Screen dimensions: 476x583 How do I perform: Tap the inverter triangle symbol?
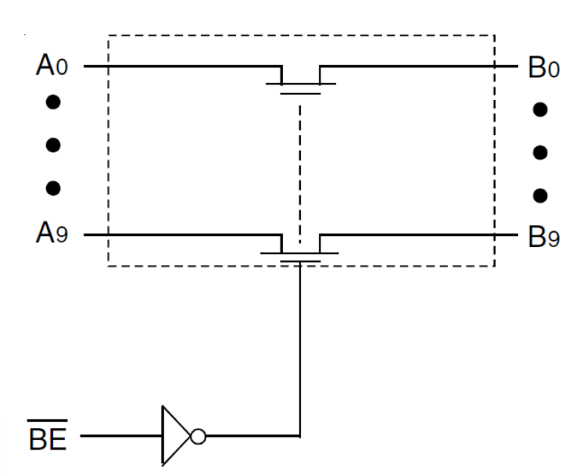click(173, 434)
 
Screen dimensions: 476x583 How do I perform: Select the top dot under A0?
click(53, 102)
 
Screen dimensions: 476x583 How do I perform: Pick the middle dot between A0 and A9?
click(53, 145)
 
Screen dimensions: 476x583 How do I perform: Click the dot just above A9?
click(53, 188)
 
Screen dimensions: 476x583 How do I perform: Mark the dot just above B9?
click(539, 195)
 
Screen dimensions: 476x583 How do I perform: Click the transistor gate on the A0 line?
click(300, 92)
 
